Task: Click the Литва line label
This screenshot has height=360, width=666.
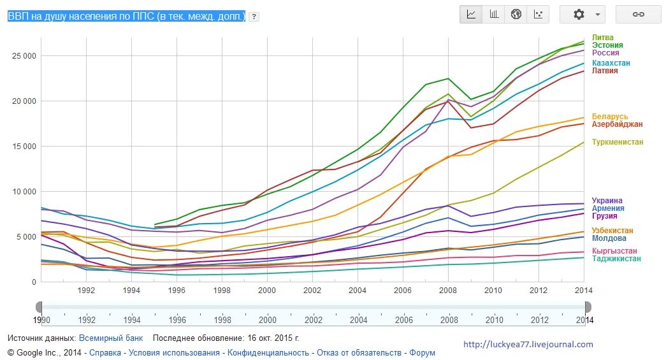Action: pyautogui.click(x=603, y=38)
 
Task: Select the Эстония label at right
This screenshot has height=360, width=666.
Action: pyautogui.click(x=607, y=45)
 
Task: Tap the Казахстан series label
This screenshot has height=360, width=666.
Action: pyautogui.click(x=611, y=63)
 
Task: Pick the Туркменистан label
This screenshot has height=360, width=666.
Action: pyautogui.click(x=618, y=142)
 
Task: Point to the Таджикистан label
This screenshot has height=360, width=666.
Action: pyautogui.click(x=616, y=259)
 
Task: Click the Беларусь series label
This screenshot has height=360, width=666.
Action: pyautogui.click(x=610, y=117)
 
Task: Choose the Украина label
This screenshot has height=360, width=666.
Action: pyautogui.click(x=607, y=201)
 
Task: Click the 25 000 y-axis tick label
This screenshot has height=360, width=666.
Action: pyautogui.click(x=24, y=56)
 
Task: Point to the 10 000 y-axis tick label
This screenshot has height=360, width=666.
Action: pyautogui.click(x=24, y=192)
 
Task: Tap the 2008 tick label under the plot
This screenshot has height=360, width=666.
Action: pyautogui.click(x=449, y=290)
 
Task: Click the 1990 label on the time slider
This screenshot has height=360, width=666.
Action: pyautogui.click(x=41, y=320)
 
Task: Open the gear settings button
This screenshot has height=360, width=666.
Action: pyautogui.click(x=582, y=14)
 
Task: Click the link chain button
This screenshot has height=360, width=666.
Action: pyautogui.click(x=638, y=14)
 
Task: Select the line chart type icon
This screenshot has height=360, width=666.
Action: pyautogui.click(x=472, y=14)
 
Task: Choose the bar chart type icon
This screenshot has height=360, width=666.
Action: pyautogui.click(x=494, y=14)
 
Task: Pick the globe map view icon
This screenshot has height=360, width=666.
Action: pyautogui.click(x=516, y=14)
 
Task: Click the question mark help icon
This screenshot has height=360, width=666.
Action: pyautogui.click(x=254, y=17)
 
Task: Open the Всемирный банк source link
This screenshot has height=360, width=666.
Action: pyautogui.click(x=111, y=338)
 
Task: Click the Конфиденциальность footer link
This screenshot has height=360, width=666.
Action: pyautogui.click(x=268, y=352)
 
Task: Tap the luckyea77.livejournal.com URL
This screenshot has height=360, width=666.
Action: pyautogui.click(x=528, y=345)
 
